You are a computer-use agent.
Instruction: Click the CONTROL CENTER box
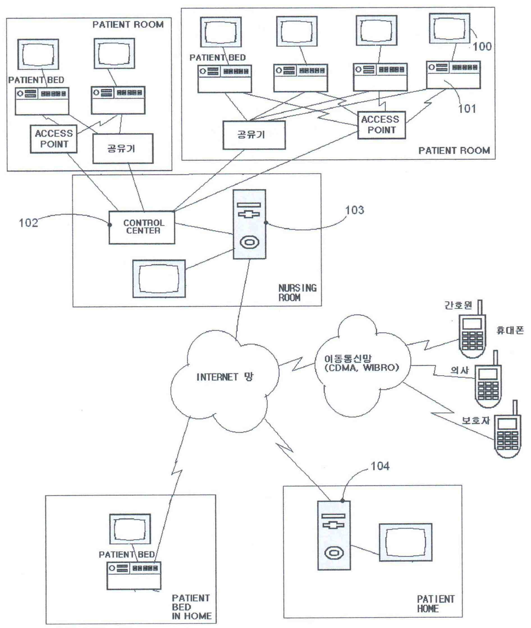(142, 227)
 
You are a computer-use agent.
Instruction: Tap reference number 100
(482, 47)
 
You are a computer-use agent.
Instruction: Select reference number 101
(467, 109)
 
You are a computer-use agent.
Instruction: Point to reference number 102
(28, 223)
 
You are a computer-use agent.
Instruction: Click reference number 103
(355, 210)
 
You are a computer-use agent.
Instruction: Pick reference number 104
(380, 466)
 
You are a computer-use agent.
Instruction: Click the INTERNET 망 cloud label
(225, 377)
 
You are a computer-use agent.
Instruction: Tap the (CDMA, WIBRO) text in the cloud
(361, 368)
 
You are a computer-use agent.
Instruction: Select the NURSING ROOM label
(297, 293)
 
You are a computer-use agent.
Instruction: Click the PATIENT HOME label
(436, 604)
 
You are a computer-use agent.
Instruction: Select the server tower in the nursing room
(249, 224)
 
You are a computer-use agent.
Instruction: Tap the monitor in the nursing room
(159, 278)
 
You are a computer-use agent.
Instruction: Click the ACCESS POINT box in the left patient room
(54, 139)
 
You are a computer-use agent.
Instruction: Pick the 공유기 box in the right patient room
(254, 135)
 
